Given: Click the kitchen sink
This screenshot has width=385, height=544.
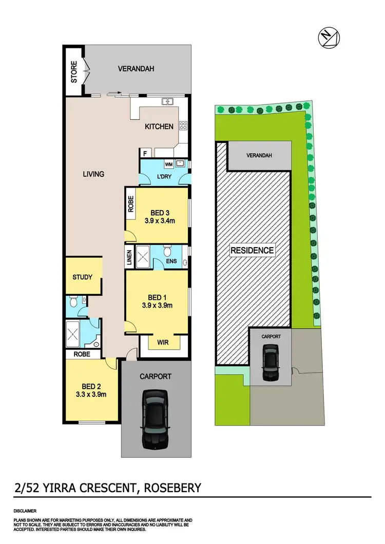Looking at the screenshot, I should (x=167, y=101).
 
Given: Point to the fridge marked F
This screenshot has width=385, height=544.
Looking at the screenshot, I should (x=145, y=153).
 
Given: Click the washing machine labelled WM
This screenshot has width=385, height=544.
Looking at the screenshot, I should (x=169, y=165).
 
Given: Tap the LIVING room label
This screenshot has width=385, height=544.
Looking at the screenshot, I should (x=93, y=174).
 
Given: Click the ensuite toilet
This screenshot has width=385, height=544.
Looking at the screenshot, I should (x=166, y=252).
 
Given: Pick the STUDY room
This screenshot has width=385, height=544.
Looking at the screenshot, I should (x=82, y=277).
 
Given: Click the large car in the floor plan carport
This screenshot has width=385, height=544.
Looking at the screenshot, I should (x=156, y=419).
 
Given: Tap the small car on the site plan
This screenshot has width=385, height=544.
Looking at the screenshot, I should (x=270, y=361).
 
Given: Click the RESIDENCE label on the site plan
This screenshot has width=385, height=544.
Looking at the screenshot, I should (x=252, y=250).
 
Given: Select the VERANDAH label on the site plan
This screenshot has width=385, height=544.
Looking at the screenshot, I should (x=259, y=156).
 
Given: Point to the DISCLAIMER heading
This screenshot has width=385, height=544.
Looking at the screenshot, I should (x=25, y=511).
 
